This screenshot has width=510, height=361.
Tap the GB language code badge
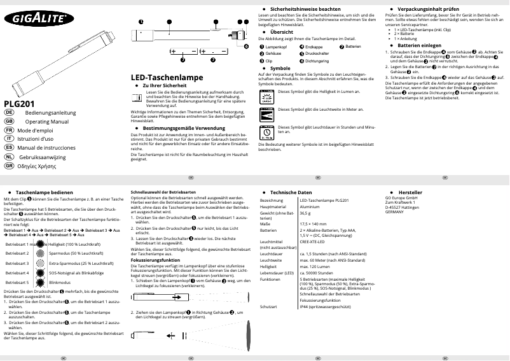coord(9,120)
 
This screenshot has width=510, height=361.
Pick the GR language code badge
coord(9,165)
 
